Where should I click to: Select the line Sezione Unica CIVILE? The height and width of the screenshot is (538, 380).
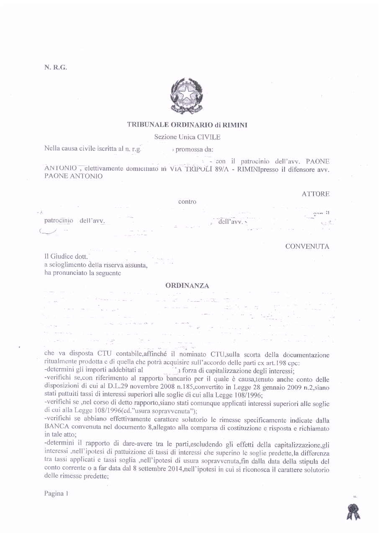[x=187, y=137]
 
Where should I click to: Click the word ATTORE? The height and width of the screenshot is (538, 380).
[x=315, y=194]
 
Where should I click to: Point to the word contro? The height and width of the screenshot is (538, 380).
[x=187, y=202]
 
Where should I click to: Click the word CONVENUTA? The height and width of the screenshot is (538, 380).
[x=307, y=246]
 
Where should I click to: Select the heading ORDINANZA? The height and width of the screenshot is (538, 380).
[x=187, y=286]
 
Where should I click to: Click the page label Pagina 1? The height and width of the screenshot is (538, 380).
[x=56, y=493]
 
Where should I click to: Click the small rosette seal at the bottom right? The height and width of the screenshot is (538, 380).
[x=353, y=512]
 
